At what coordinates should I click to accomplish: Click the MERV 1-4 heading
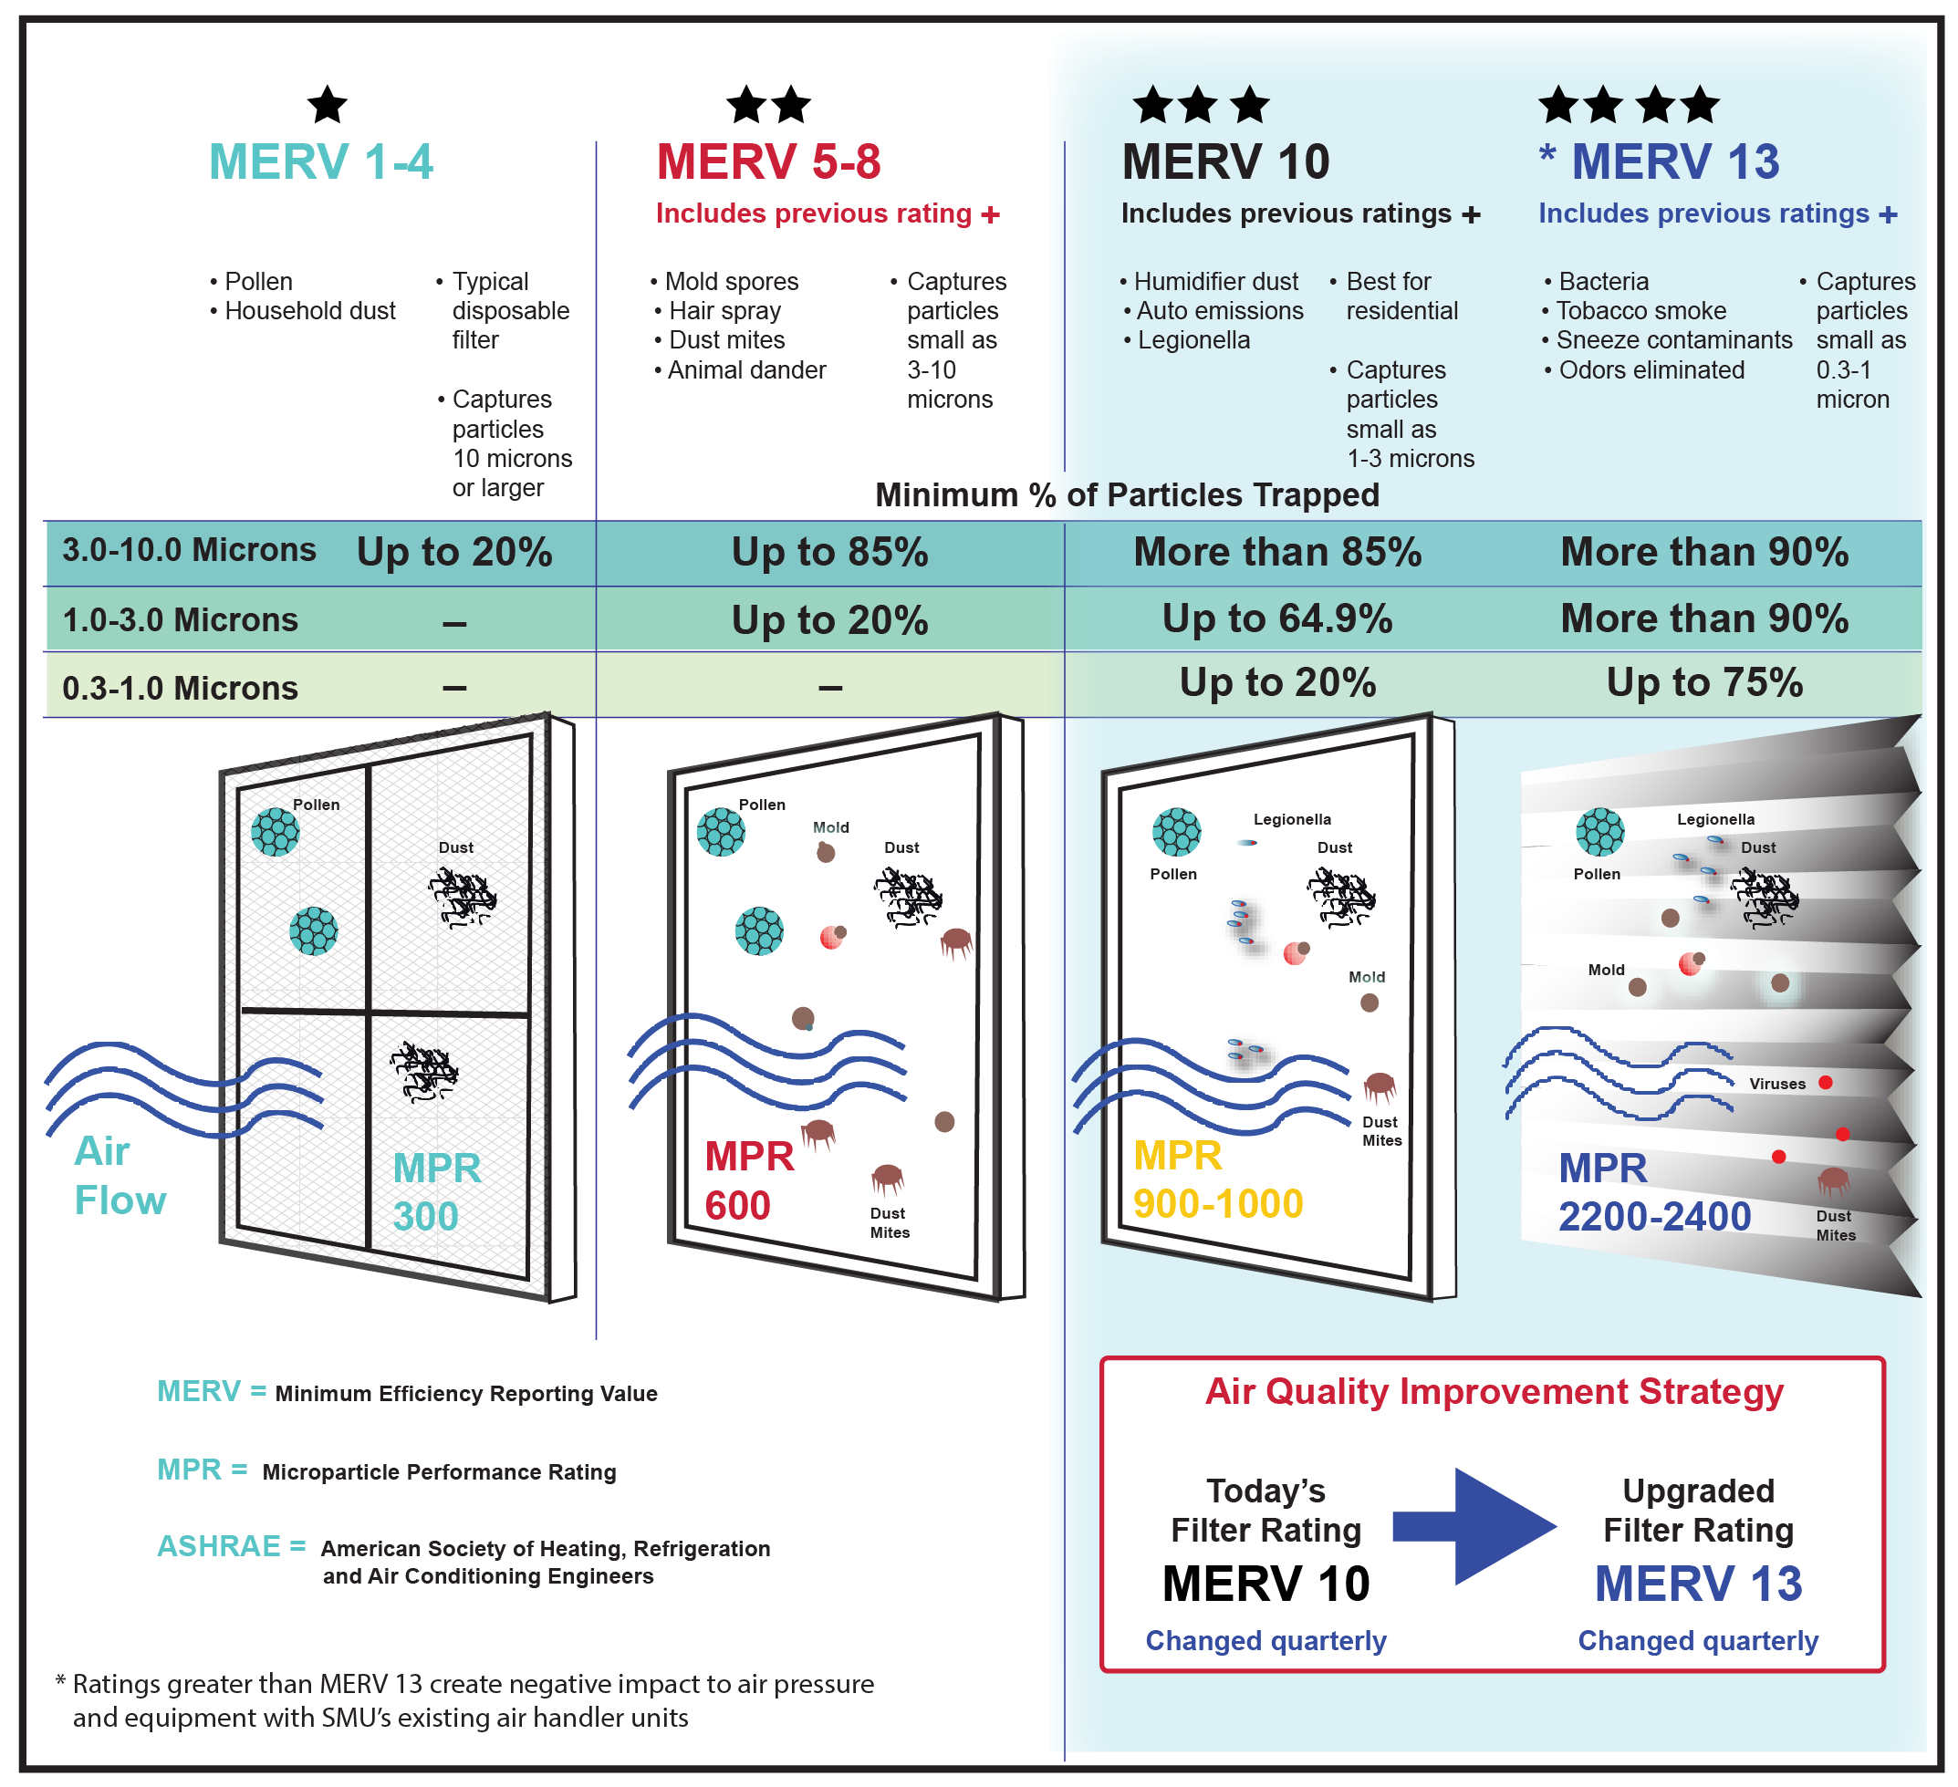tap(320, 161)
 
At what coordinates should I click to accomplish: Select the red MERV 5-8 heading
tap(768, 161)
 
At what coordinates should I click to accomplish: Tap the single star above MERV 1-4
tap(328, 105)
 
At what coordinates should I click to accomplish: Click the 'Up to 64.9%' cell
tap(1277, 618)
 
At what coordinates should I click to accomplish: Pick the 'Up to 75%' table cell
tap(1703, 682)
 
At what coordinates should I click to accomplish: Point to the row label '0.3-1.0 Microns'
tap(180, 688)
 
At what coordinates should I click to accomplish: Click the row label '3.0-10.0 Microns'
tap(190, 550)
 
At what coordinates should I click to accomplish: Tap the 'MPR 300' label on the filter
tap(436, 1191)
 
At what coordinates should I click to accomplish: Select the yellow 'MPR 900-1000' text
tap(1217, 1179)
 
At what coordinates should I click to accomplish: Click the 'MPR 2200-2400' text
tap(1653, 1191)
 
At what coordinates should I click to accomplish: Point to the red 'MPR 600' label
tap(749, 1180)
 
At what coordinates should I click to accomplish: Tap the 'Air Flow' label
tap(120, 1175)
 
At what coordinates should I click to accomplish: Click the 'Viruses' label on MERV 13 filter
tap(1776, 1084)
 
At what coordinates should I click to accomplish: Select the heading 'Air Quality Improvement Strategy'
tap(1494, 1392)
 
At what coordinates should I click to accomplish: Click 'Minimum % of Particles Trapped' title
tap(1127, 495)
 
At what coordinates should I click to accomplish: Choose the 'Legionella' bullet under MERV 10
tap(1193, 341)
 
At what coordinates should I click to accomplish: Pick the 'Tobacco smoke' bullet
tap(1640, 311)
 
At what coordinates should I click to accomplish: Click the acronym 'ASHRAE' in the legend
tap(219, 1546)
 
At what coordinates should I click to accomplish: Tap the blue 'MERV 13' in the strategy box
tap(1698, 1584)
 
